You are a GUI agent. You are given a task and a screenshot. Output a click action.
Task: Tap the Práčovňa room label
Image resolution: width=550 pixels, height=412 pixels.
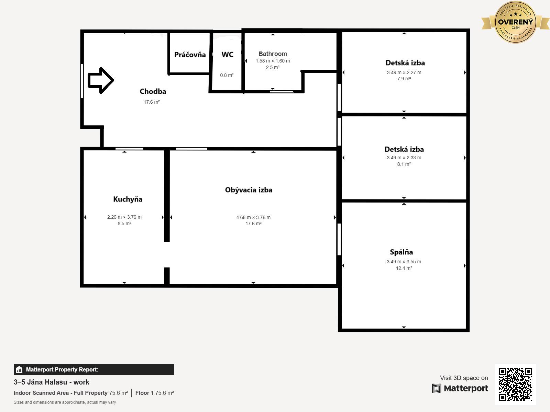(190, 55)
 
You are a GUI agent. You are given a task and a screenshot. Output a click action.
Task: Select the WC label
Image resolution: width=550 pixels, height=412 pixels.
(227, 55)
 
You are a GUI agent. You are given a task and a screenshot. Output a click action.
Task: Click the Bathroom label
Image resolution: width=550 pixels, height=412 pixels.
(273, 54)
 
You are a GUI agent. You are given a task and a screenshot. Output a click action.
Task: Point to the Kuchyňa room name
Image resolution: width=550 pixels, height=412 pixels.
(128, 199)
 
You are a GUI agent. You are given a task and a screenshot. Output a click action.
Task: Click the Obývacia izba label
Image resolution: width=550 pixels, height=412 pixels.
(249, 190)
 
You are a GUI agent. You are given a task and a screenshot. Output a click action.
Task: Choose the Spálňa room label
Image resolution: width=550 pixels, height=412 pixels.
(401, 252)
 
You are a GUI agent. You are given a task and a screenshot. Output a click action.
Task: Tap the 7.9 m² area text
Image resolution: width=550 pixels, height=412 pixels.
(404, 79)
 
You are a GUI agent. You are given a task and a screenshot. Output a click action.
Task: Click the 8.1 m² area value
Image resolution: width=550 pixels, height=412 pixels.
(404, 164)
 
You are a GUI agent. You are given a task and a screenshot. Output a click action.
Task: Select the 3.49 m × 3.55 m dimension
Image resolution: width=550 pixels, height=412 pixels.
(404, 262)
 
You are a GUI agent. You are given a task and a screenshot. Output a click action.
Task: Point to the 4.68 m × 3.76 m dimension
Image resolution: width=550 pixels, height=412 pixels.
(253, 217)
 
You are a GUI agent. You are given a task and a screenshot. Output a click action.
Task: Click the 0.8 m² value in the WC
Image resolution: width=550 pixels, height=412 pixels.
(227, 75)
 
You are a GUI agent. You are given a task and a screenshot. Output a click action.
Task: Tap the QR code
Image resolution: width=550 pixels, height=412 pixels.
(515, 385)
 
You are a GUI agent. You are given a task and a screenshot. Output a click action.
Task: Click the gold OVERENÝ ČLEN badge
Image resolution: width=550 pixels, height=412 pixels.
(515, 22)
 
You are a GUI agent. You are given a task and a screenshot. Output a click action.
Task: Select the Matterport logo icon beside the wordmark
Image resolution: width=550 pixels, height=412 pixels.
(436, 388)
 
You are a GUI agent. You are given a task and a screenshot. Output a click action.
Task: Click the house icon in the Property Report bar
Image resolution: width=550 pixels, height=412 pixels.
(19, 369)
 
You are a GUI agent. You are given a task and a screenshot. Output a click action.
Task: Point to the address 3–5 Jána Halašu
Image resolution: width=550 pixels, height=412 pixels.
(41, 382)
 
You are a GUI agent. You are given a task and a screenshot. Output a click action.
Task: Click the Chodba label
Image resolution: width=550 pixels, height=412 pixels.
(153, 91)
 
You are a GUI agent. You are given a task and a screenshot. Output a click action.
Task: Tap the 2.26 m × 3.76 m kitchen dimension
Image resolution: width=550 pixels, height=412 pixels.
(124, 217)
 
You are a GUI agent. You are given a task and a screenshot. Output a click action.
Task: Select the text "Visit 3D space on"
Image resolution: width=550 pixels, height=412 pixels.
(464, 378)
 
